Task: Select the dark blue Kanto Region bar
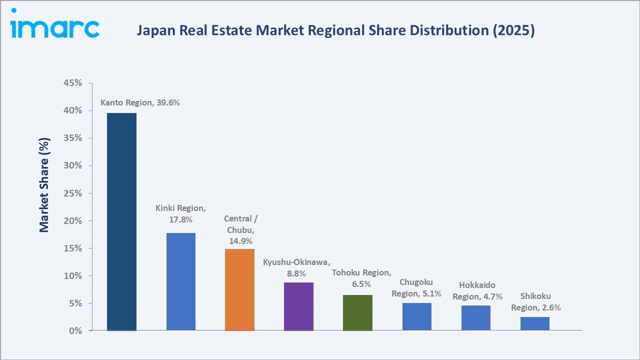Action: tap(121, 221)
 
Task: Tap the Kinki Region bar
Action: tap(181, 281)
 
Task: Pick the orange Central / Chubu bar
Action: tap(239, 289)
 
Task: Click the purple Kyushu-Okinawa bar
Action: tap(298, 306)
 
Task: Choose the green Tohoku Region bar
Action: tap(357, 312)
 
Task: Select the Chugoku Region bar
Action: tap(416, 316)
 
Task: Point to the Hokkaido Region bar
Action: tap(475, 317)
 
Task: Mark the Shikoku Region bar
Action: tap(534, 323)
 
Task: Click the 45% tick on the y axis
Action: tap(73, 83)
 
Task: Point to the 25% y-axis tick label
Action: tap(73, 193)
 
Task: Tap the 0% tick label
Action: tap(75, 330)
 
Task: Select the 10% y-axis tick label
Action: tap(73, 275)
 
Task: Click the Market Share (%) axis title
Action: tap(44, 185)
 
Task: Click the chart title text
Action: tap(335, 30)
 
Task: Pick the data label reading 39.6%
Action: tap(140, 102)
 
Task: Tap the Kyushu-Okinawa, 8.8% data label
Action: tap(296, 267)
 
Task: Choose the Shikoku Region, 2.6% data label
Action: tap(535, 301)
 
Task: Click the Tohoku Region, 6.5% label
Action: tap(361, 278)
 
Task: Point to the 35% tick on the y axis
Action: tap(73, 138)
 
